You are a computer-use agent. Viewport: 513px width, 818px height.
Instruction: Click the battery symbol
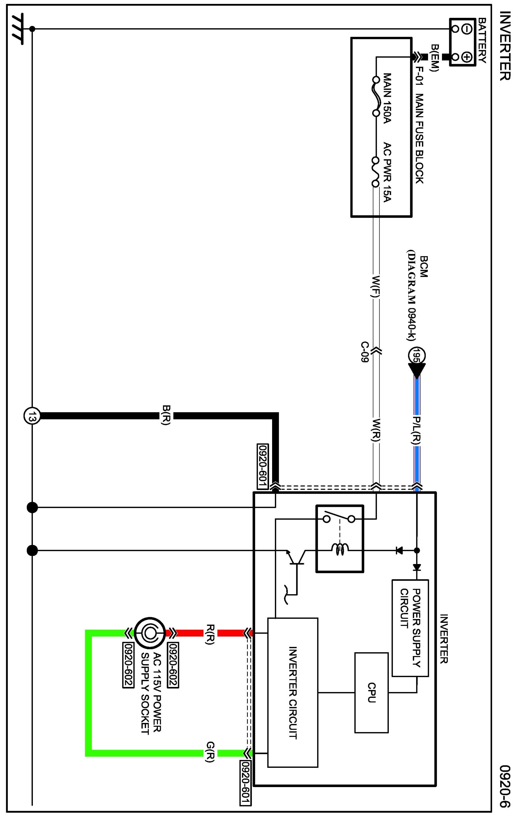(462, 42)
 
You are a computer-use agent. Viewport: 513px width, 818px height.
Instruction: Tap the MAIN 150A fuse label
(387, 98)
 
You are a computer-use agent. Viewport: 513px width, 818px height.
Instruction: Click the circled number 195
(417, 355)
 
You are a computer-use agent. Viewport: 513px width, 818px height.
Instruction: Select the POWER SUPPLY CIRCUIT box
(410, 628)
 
